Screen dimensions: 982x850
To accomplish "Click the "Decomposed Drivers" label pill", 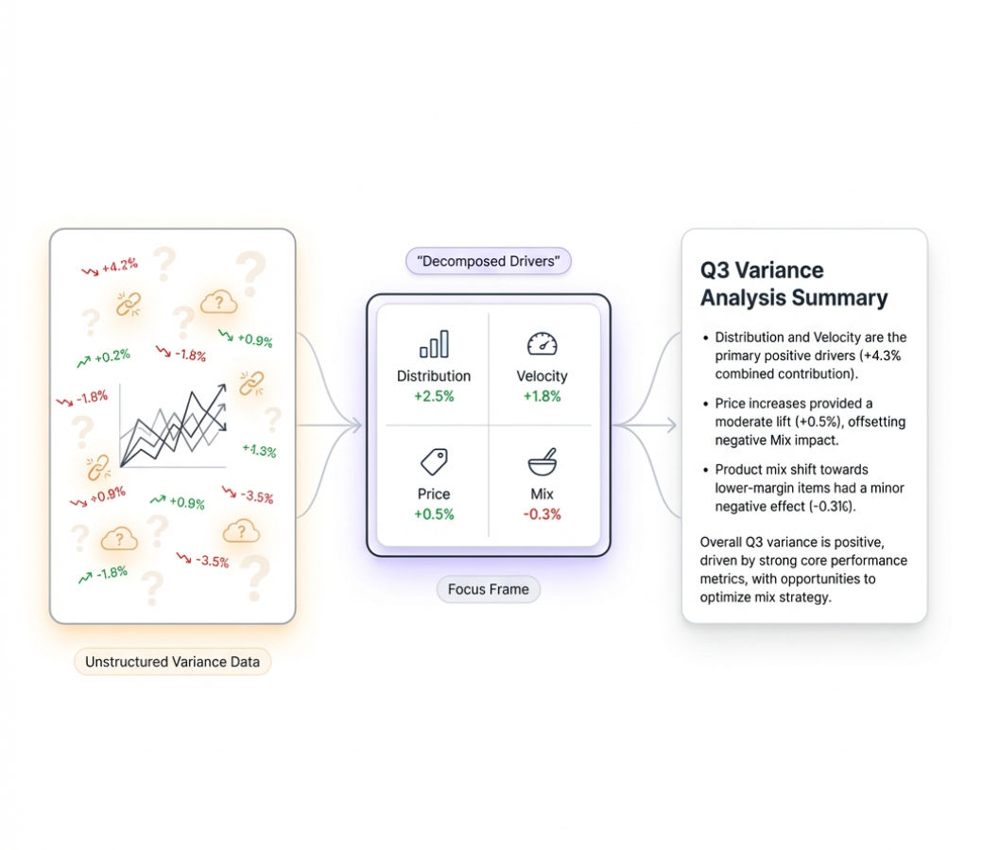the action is point(489,261).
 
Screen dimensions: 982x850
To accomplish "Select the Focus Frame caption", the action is point(489,589).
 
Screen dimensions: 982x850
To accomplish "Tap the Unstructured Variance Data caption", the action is point(172,662).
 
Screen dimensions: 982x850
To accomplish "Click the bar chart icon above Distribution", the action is point(434,344).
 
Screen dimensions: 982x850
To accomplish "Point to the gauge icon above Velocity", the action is point(542,344).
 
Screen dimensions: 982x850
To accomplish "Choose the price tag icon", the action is point(434,462).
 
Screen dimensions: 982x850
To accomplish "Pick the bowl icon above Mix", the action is point(542,462).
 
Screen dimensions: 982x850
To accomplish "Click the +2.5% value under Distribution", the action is point(434,396).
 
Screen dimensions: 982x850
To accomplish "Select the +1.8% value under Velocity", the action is point(542,396).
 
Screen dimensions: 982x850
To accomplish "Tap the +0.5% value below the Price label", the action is point(434,514).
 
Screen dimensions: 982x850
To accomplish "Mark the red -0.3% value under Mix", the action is point(542,514).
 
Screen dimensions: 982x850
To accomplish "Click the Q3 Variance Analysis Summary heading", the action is point(794,284).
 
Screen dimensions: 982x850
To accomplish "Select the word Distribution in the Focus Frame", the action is point(434,376).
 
